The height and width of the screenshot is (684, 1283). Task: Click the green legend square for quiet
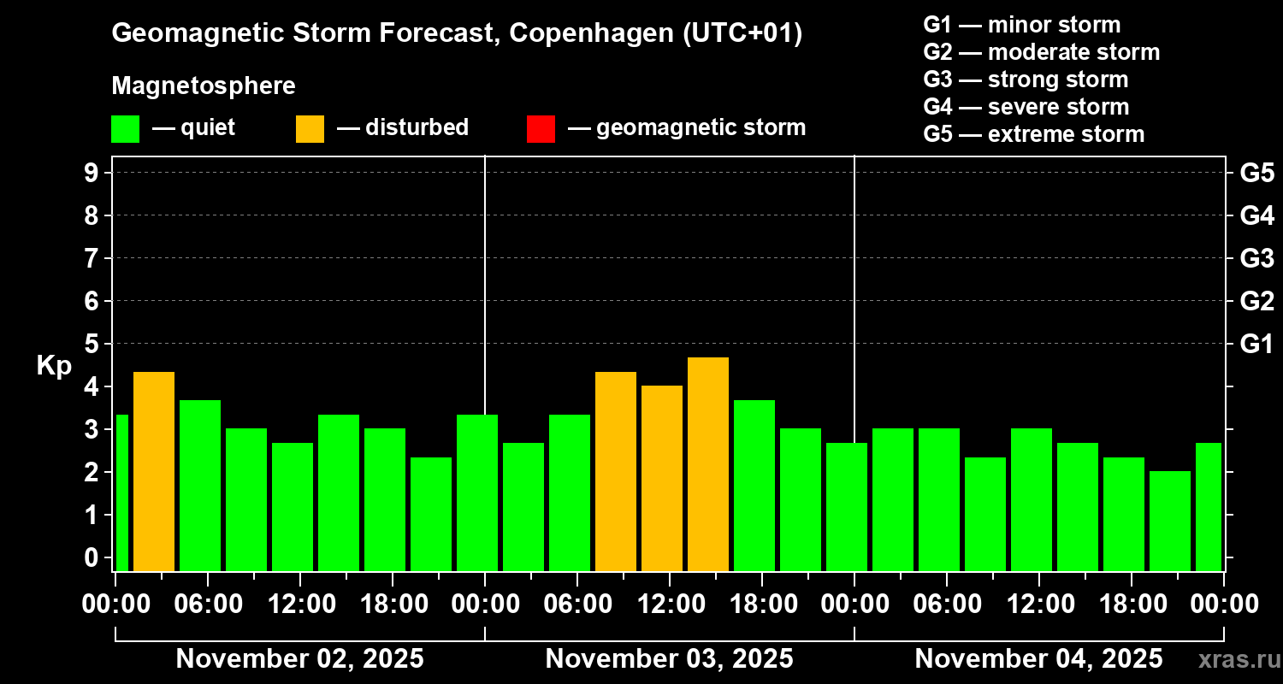coord(125,128)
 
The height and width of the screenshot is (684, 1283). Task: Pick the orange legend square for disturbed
coord(310,128)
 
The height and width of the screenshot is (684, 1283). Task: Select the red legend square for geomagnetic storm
coord(541,128)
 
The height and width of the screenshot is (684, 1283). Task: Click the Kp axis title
coord(54,366)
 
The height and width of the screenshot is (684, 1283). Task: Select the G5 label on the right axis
coord(1256,173)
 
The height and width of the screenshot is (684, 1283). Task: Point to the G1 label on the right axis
coord(1256,345)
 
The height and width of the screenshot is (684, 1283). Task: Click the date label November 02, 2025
coord(299,659)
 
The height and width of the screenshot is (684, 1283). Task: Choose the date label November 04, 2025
coord(1038,659)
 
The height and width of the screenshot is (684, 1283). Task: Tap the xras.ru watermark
coord(1233,659)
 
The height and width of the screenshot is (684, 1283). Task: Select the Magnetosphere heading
coord(204,86)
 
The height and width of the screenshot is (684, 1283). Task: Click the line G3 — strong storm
coord(1026,80)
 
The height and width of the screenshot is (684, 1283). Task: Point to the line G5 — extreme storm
coord(1033,134)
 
